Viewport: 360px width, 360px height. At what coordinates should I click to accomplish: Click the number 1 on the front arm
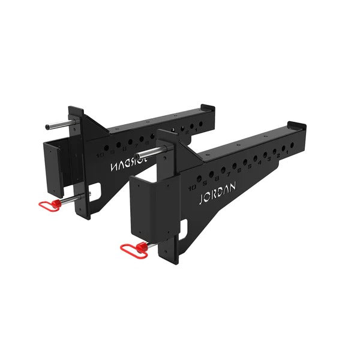point(289,152)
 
